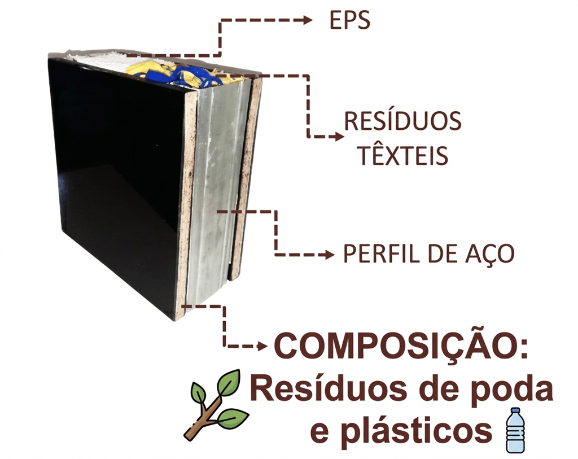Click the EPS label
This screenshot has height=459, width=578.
point(349,21)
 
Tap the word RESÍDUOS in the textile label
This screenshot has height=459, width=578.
point(403,121)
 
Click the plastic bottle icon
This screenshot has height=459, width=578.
point(514,430)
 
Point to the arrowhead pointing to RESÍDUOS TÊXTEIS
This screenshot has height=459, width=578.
point(338,137)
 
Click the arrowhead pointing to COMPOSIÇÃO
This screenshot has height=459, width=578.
point(262,346)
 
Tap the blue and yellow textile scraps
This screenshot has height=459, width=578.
point(169,72)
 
